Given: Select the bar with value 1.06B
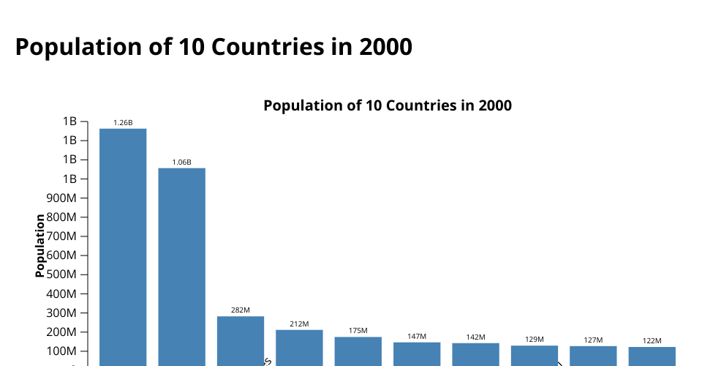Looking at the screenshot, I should click(x=182, y=266).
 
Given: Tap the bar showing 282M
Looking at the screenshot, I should click(x=241, y=340).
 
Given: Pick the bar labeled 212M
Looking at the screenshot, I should click(x=299, y=347).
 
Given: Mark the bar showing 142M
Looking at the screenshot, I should click(x=475, y=354).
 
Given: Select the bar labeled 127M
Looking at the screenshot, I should click(x=593, y=356).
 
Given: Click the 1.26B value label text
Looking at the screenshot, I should click(x=123, y=122).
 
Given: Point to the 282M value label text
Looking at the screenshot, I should click(x=241, y=310).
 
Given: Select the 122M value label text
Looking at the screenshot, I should click(x=652, y=340).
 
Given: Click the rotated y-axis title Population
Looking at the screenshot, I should click(x=40, y=245).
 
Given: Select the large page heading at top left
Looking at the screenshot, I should click(x=214, y=47).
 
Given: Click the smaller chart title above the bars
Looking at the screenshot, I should click(x=387, y=105).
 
